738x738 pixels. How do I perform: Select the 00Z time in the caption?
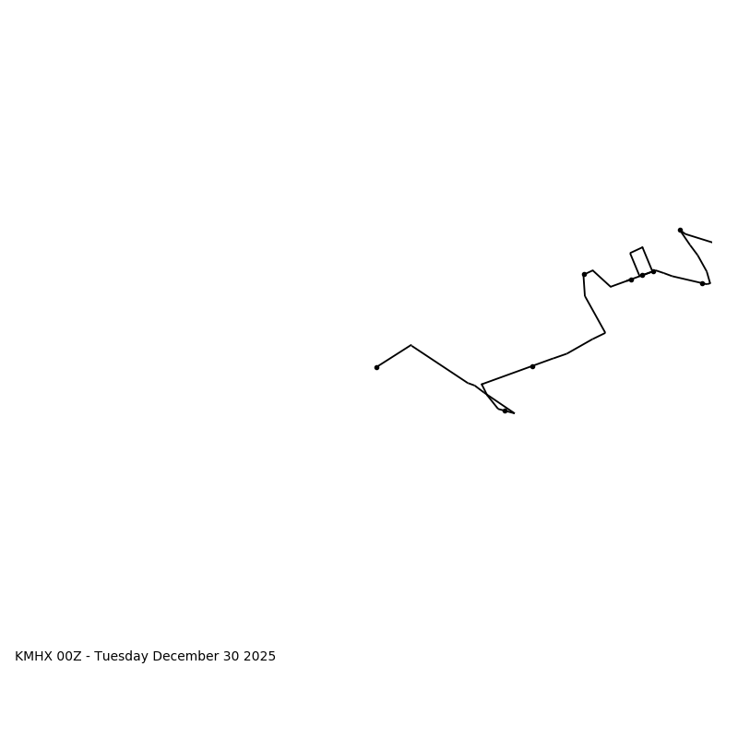pos(70,657)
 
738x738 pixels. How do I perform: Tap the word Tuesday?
pos(123,657)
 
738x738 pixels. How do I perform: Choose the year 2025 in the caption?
pos(260,657)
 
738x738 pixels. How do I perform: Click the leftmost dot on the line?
pos(376,367)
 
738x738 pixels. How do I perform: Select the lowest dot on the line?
pos(505,411)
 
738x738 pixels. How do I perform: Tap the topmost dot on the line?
pos(680,230)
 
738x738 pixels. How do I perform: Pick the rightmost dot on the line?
pos(702,283)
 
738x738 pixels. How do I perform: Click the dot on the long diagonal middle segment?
pos(532,366)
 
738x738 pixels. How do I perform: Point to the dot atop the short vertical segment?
pos(584,274)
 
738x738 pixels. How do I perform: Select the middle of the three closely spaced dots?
pos(642,275)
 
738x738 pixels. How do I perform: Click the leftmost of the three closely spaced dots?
pos(631,280)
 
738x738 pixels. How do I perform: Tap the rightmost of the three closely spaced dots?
pos(653,271)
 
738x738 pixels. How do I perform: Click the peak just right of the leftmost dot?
pos(411,345)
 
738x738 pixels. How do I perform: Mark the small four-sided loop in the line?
pos(641,261)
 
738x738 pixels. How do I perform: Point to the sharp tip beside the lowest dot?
pos(514,412)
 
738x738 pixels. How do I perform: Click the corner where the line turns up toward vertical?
pos(605,332)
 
